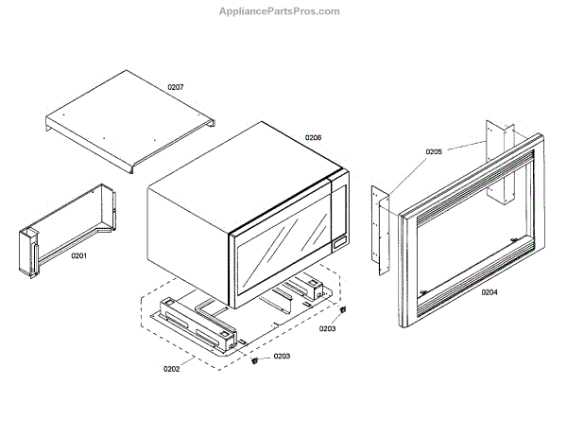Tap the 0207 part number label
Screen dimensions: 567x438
[x=176, y=87]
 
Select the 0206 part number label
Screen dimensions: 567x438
[x=313, y=138]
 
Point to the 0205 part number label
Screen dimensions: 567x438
[x=433, y=151]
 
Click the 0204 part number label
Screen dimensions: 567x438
[x=489, y=291]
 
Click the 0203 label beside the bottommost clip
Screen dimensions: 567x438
[x=283, y=357]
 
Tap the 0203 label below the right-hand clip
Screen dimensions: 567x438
[x=327, y=328]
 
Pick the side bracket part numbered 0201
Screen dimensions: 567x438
[x=66, y=237]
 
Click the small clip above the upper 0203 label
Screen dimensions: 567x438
[x=344, y=310]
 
